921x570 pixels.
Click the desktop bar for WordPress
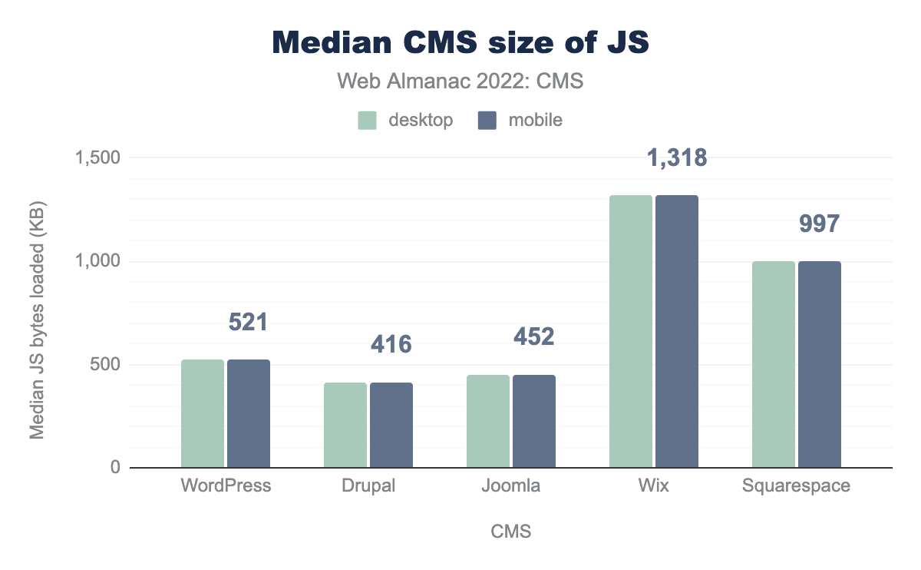pos(203,413)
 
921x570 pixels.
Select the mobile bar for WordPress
pos(249,413)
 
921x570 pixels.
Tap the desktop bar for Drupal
pos(345,425)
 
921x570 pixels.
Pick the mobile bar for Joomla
pos(534,421)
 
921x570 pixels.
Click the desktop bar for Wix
pos(631,331)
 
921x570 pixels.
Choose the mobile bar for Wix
pos(677,331)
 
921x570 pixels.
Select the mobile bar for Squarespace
pos(820,364)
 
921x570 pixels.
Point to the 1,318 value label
pos(676,158)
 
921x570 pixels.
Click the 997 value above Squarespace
pos(819,224)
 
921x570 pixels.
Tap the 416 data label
pos(391,344)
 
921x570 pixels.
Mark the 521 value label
pos(248,323)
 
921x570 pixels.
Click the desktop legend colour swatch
pos(367,121)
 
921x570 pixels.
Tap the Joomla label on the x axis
pos(510,486)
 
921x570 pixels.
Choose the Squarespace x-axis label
pos(796,486)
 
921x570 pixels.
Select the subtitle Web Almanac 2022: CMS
pos(460,81)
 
